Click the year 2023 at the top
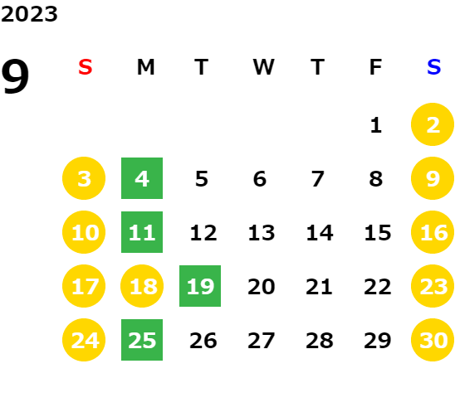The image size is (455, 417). pyautogui.click(x=29, y=14)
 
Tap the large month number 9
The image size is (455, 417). pyautogui.click(x=15, y=76)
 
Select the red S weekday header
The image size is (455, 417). pyautogui.click(x=86, y=67)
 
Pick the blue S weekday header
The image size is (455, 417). pyautogui.click(x=433, y=67)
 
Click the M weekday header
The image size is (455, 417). pyautogui.click(x=145, y=67)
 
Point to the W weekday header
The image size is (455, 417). pyautogui.click(x=263, y=67)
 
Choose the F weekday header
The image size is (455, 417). pyautogui.click(x=376, y=67)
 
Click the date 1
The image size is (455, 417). pyautogui.click(x=376, y=125)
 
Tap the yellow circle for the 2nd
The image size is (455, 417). pyautogui.click(x=433, y=124)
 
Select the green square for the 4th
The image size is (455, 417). pyautogui.click(x=142, y=178)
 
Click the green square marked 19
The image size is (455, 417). pyautogui.click(x=200, y=286)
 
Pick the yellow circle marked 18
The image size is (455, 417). pyautogui.click(x=142, y=286)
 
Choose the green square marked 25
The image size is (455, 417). pyautogui.click(x=142, y=340)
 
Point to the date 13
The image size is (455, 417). pyautogui.click(x=262, y=233)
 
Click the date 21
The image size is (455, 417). pyautogui.click(x=319, y=287)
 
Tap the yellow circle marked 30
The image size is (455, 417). pyautogui.click(x=433, y=340)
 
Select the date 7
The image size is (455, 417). pyautogui.click(x=318, y=179)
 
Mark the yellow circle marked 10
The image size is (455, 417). pyautogui.click(x=84, y=232)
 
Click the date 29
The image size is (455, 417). pyautogui.click(x=378, y=341)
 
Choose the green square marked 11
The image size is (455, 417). pyautogui.click(x=142, y=232)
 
